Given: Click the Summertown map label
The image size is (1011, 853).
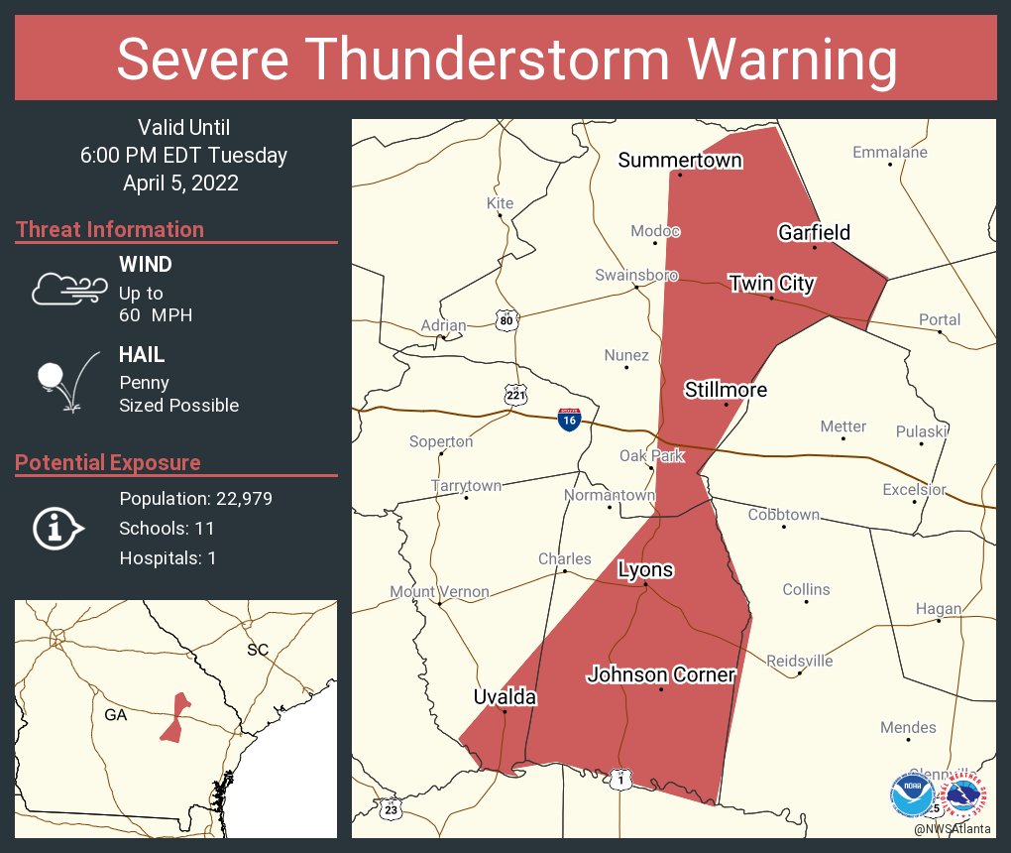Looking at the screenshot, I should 680,161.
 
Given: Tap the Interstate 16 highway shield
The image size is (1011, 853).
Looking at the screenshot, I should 569,420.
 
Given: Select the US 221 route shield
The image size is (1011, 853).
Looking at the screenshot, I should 515,395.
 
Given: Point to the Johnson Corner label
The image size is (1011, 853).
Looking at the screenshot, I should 661,675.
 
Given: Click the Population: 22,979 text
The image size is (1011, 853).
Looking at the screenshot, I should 195,498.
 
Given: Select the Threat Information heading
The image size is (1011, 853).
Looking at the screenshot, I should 110,229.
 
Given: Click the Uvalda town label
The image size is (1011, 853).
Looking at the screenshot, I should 505,697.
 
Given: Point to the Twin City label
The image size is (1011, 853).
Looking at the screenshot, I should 771,284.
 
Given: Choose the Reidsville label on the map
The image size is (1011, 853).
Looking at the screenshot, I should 800,661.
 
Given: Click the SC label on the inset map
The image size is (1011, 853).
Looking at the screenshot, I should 258,650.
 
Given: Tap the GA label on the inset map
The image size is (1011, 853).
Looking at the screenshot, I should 116,714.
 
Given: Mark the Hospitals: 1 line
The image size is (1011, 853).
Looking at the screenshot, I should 168,557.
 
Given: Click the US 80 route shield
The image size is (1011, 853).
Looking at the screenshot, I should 506,319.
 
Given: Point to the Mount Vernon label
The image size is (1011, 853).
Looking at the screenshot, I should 439,592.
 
